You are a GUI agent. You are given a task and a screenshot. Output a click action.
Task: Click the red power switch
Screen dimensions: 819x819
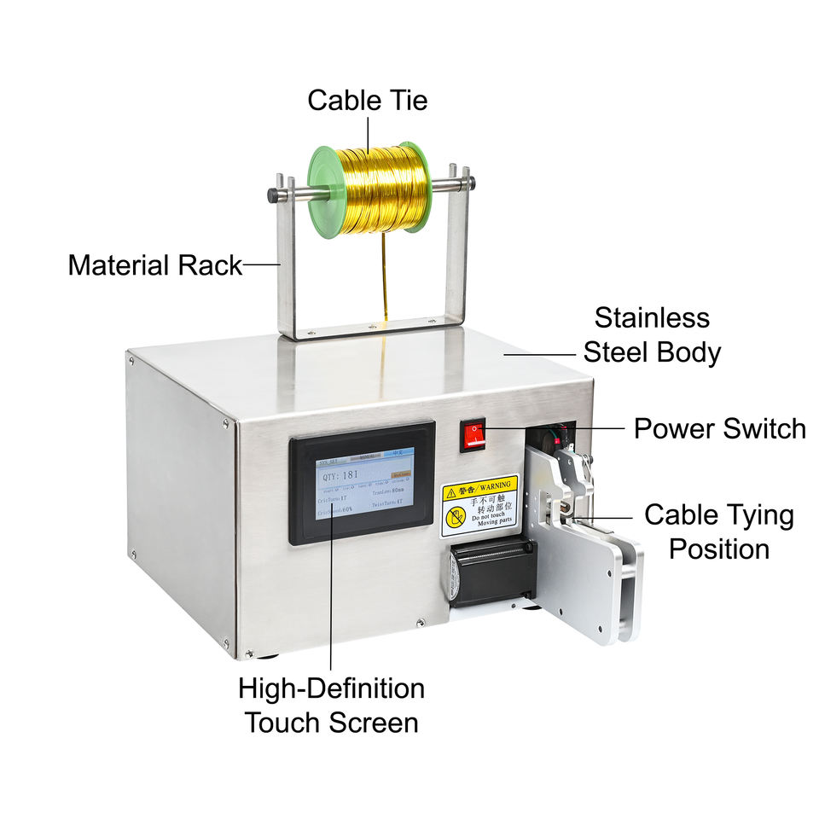pyautogui.click(x=473, y=434)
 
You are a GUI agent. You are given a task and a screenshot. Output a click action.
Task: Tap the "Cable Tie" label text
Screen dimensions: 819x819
pyautogui.click(x=367, y=101)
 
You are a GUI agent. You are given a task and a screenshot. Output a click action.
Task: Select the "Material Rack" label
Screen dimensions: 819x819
pyautogui.click(x=154, y=265)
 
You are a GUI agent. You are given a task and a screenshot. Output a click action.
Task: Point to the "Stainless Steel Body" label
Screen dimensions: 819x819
pyautogui.click(x=652, y=334)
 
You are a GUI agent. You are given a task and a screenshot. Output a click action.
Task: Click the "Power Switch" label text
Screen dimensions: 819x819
pyautogui.click(x=719, y=428)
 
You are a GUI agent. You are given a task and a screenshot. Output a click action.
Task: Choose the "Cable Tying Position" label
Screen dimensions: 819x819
pyautogui.click(x=718, y=531)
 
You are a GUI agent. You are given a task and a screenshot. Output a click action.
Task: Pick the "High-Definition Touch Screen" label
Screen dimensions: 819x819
pyautogui.click(x=331, y=705)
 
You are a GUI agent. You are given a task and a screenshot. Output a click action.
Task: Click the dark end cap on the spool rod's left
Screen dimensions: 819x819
pyautogui.click(x=272, y=195)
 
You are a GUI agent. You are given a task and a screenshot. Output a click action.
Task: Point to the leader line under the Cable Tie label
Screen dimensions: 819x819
pyautogui.click(x=369, y=133)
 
